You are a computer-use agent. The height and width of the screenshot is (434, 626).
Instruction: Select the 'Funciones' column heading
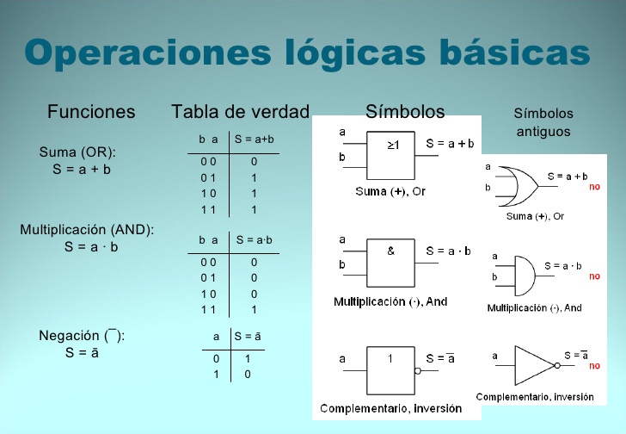click(91, 112)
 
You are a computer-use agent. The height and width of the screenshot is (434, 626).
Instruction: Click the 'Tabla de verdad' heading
click(240, 112)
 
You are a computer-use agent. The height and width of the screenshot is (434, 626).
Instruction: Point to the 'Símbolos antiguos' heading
click(543, 122)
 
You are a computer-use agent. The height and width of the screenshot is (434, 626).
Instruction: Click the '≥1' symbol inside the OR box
click(393, 146)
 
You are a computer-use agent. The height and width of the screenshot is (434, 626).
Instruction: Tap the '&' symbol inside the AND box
click(391, 251)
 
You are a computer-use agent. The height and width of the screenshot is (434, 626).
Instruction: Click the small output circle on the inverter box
click(419, 372)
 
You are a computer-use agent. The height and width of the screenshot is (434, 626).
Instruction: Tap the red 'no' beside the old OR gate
click(594, 188)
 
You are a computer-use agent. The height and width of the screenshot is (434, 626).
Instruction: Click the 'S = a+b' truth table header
click(254, 139)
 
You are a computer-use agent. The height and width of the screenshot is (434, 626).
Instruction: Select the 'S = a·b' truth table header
click(254, 240)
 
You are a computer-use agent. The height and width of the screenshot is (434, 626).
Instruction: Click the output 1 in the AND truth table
click(255, 309)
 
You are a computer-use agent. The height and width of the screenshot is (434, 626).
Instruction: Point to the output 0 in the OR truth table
click(255, 161)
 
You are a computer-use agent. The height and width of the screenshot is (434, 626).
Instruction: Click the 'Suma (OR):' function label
click(77, 153)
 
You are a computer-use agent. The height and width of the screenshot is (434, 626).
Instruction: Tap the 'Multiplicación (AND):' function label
click(87, 230)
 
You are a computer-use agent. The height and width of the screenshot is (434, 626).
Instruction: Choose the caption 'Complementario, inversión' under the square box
click(391, 407)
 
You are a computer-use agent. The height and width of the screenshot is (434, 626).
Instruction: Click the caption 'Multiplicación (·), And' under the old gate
click(534, 307)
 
